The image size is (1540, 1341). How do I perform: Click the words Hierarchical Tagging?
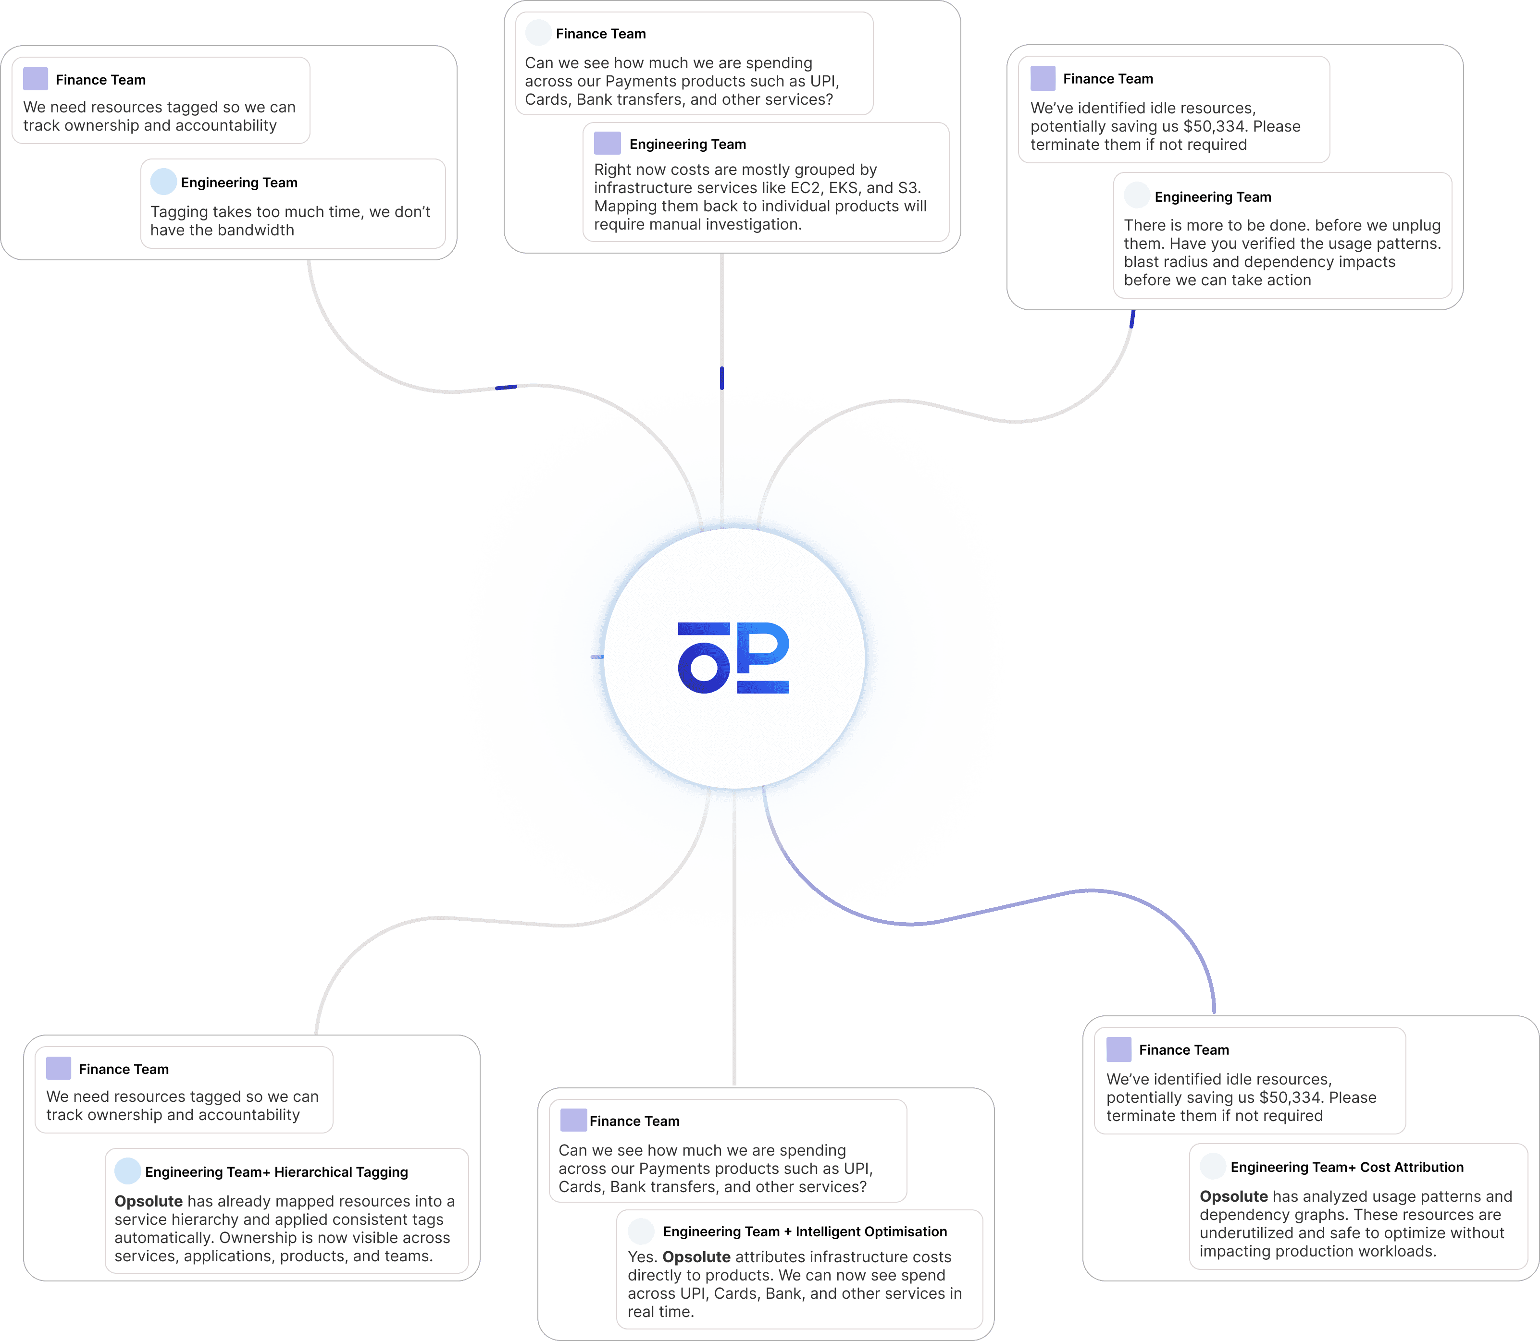point(341,1172)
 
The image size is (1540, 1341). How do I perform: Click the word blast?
point(1143,262)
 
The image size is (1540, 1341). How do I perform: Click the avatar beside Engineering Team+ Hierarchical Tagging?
point(128,1171)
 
